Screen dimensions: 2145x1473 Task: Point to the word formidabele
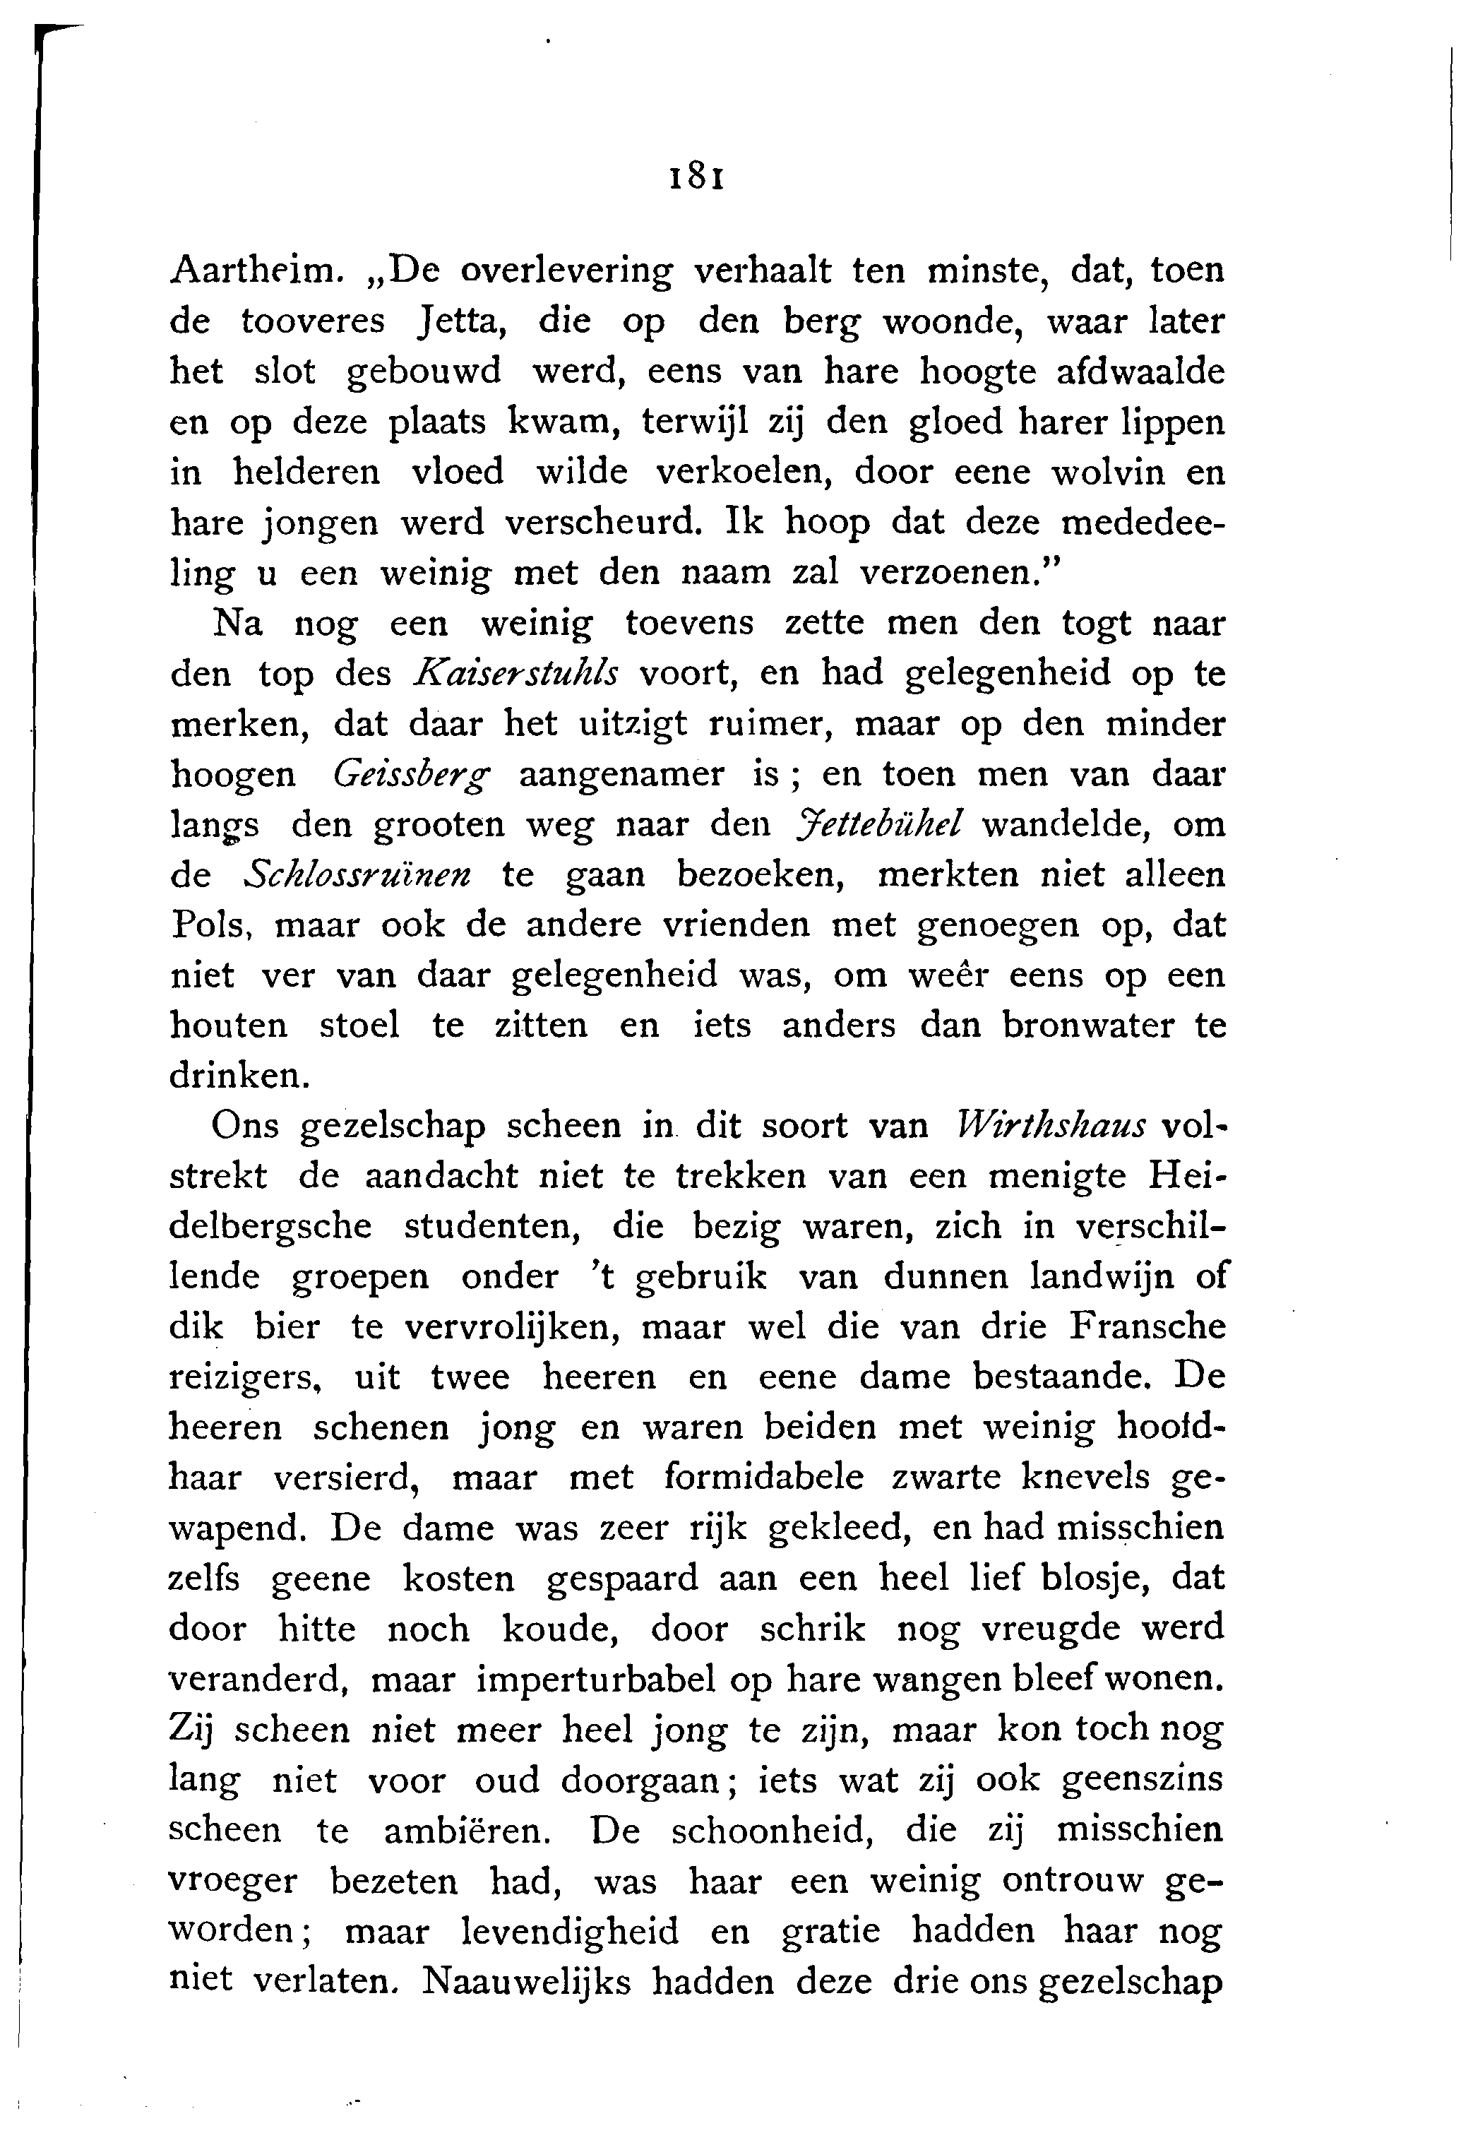763,1478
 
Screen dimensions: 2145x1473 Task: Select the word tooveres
313,321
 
